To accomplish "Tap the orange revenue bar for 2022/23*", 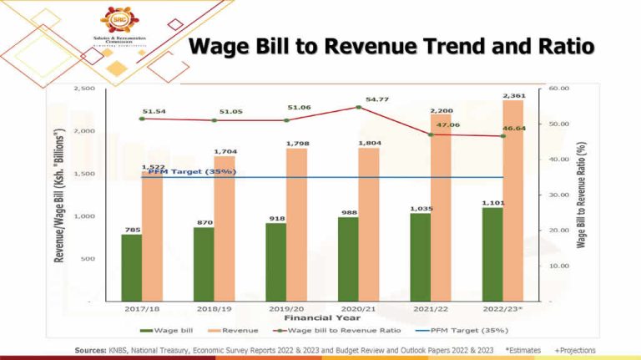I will pos(513,200).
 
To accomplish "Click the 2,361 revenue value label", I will pos(513,96).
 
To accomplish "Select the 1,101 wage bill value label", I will pos(492,203).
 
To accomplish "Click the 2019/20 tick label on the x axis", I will pos(286,308).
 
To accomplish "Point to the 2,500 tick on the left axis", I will pos(84,89).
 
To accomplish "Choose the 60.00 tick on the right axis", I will pos(558,88).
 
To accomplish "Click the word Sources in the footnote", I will pos(89,349).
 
